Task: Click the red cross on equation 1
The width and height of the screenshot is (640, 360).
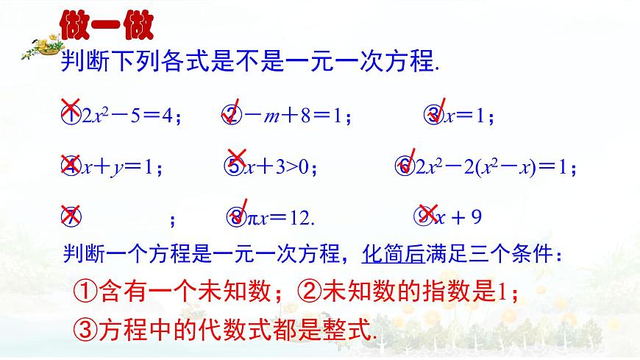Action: (x=71, y=107)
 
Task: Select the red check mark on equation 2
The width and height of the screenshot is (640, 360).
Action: (x=234, y=110)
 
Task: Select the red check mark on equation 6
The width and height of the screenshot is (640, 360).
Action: (x=408, y=161)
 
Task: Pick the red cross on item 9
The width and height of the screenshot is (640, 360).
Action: (x=426, y=213)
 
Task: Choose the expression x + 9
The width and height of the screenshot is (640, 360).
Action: (x=459, y=218)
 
